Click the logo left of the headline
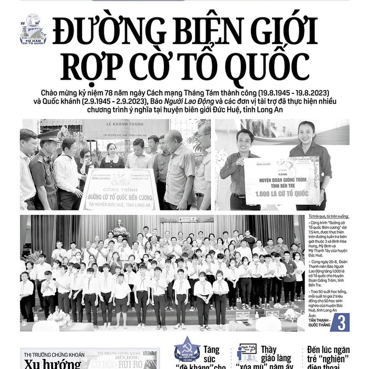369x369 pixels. [x=33, y=30]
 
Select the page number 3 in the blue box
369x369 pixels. [x=340, y=322]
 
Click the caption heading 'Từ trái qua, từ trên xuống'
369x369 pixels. [x=328, y=217]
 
